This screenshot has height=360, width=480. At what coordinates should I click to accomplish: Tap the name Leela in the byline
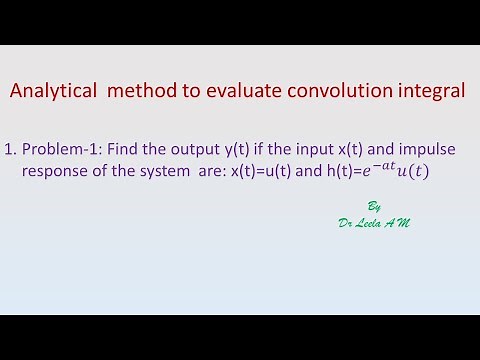coord(371,222)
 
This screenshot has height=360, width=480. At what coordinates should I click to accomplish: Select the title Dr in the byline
coord(346,222)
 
